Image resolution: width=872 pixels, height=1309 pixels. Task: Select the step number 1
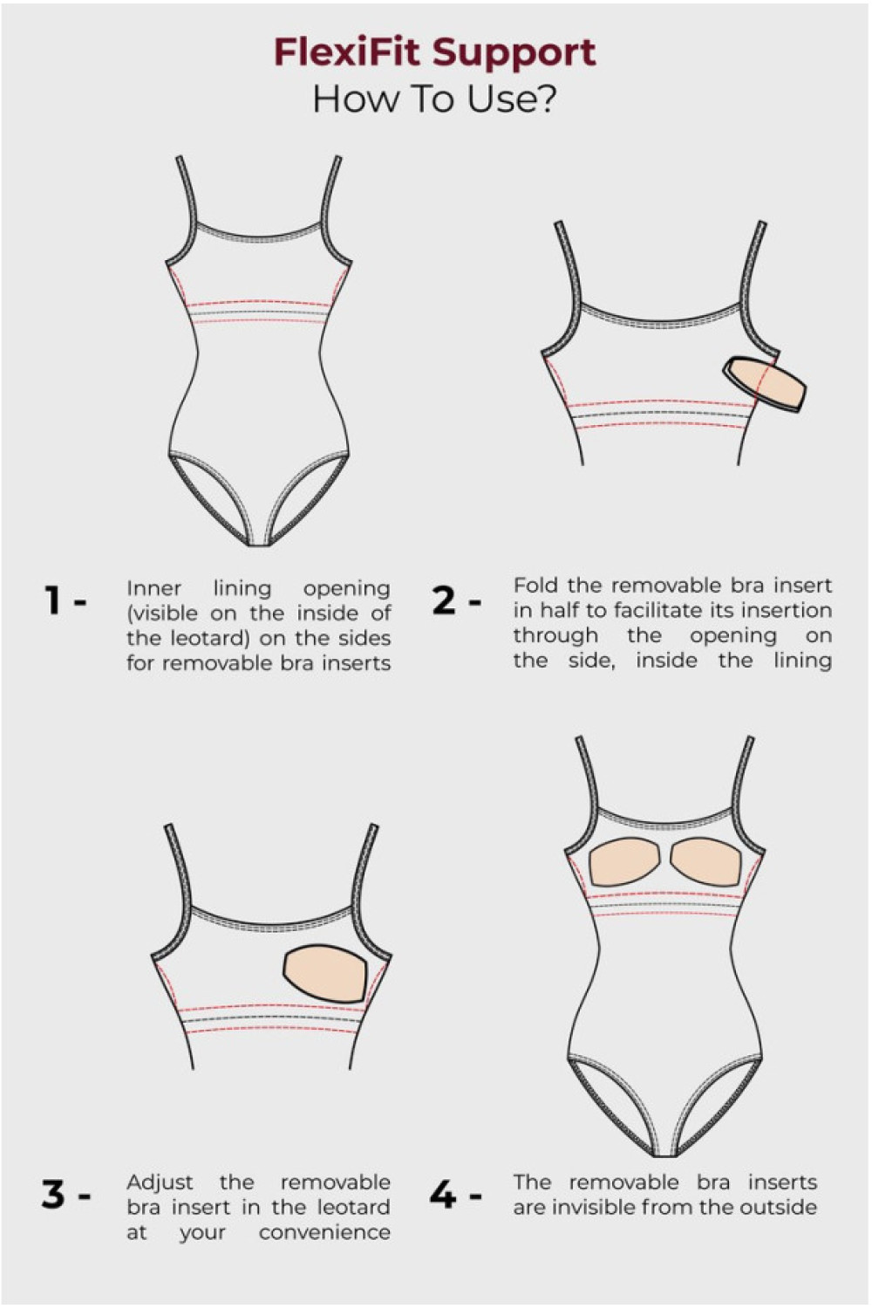coord(53,600)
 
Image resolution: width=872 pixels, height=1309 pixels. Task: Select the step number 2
coord(444,600)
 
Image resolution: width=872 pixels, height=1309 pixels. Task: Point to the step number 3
coord(53,1193)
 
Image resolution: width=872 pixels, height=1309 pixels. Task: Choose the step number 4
coord(443,1193)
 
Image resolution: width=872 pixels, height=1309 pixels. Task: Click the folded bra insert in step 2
coord(765,383)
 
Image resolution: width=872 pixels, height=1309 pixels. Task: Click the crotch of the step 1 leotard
coord(259,541)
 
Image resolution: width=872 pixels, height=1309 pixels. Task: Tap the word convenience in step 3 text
coord(324,1233)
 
